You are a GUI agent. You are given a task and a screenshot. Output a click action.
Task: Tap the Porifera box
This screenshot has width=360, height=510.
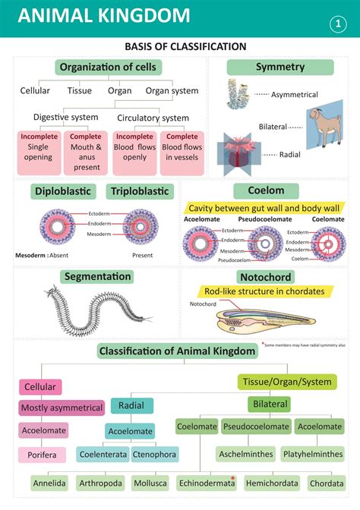point(42,455)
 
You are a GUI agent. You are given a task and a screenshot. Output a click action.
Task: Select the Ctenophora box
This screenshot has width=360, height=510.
point(154,455)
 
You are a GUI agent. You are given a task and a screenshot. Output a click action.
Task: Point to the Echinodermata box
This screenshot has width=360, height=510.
point(206,482)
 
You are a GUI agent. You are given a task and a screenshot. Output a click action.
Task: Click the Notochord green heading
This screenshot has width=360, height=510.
point(265,277)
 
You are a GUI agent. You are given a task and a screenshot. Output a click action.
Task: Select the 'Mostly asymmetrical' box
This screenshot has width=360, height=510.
point(62,408)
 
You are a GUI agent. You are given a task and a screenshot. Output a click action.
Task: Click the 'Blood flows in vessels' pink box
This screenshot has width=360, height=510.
point(182,153)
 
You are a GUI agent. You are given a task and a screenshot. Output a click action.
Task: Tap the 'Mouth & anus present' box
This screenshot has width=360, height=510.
point(87,153)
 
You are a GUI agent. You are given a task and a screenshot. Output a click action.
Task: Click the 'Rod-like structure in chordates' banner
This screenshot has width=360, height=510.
point(264,291)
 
